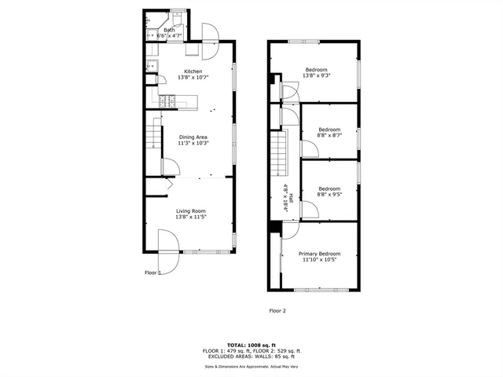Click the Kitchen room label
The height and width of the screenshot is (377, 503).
[193, 71]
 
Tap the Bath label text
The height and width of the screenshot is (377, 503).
[169, 30]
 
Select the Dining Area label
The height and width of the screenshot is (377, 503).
[193, 137]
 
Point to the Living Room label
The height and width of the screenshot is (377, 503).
[190, 210]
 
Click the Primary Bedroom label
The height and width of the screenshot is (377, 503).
[320, 254]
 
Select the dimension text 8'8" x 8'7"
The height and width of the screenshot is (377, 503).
[329, 135]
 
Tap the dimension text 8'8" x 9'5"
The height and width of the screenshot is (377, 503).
[329, 194]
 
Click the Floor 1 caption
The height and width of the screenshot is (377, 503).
[152, 273]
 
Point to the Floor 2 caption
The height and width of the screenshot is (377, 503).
[277, 311]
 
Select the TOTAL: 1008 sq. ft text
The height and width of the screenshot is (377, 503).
[251, 345]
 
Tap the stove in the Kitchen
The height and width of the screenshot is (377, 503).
[167, 101]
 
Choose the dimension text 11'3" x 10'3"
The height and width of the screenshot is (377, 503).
[193, 144]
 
